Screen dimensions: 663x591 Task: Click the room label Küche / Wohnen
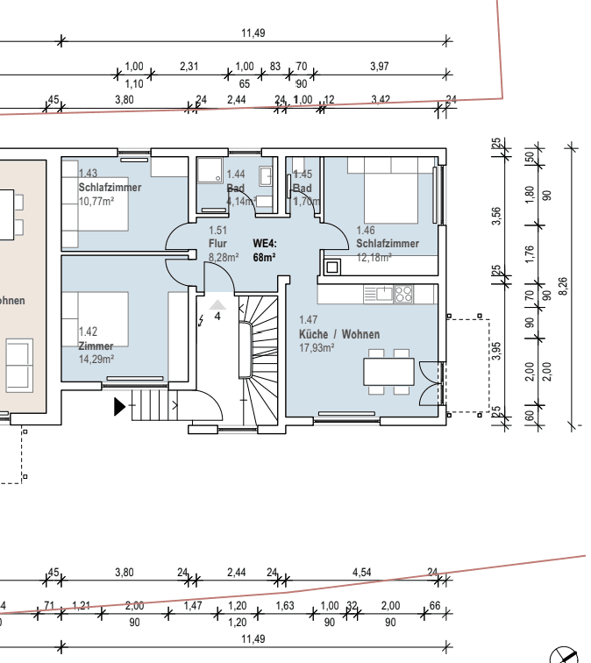339,335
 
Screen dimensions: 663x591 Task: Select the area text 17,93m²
317,348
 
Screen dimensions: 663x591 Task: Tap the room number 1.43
88,175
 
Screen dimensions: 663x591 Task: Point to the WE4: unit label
264,244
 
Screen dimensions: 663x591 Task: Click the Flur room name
217,244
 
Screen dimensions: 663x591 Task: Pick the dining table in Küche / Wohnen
389,371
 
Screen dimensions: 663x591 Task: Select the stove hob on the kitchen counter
403,295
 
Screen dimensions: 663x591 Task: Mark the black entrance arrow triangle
119,406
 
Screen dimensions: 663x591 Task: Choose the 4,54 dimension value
361,573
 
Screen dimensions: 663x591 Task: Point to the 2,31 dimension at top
189,67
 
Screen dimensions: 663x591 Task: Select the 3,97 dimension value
379,67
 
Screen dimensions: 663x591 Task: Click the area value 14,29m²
96,359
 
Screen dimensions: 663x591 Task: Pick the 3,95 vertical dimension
496,350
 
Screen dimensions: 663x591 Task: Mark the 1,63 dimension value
284,606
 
